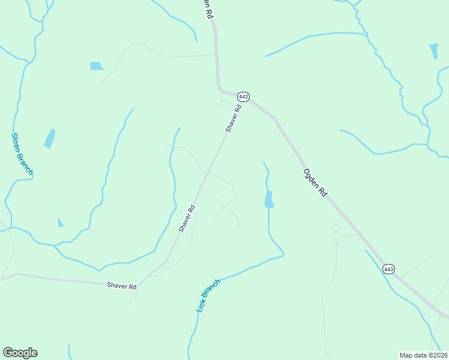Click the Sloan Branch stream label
click(22, 154)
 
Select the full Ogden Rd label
click(315, 183)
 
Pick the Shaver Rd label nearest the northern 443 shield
click(234, 119)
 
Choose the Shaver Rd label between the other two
click(187, 219)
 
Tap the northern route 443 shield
click(243, 97)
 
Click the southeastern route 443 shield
click(388, 269)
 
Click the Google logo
click(20, 353)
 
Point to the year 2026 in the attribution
click(439, 355)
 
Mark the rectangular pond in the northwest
click(97, 66)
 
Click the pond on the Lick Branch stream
click(269, 200)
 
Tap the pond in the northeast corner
click(433, 50)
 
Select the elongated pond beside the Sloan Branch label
click(50, 139)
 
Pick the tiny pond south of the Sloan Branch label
click(60, 223)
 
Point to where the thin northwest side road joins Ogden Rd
click(215, 55)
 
